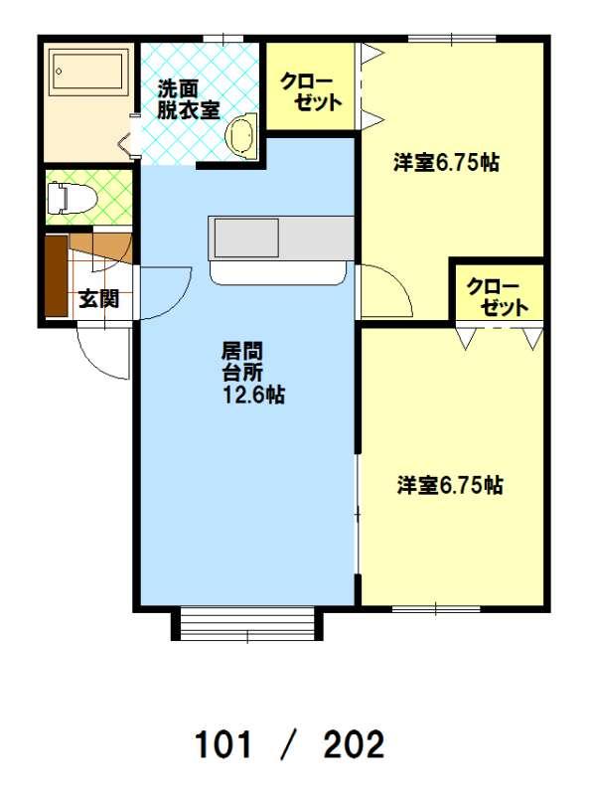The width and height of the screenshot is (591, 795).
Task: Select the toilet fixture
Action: coord(71,198)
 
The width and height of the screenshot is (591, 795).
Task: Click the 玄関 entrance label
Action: coord(99,299)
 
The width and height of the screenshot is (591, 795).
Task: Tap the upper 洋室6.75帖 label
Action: coord(446,163)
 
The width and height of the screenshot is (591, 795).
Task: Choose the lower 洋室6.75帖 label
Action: coord(450,485)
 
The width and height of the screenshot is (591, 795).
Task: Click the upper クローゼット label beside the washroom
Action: coord(311,91)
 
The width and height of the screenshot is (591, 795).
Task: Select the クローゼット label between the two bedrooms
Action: coord(498,297)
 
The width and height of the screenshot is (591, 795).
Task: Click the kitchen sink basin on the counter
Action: coord(246,238)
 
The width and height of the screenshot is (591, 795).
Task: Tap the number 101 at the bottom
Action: coord(223,744)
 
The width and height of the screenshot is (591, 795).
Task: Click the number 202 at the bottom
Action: coord(354,744)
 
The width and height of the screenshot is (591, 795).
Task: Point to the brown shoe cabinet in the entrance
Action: coord(57,276)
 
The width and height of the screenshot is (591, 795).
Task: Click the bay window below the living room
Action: coord(247,625)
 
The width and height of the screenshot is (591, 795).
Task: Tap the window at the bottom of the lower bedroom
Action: coord(436,608)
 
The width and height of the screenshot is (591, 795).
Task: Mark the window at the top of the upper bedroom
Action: coord(452,39)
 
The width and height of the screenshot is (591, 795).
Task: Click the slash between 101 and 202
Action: coord(288,744)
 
